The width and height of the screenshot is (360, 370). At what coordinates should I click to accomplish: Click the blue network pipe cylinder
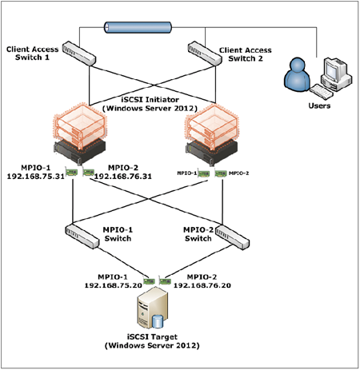click(x=138, y=27)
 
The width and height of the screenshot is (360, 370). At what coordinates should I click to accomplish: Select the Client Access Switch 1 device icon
click(x=79, y=54)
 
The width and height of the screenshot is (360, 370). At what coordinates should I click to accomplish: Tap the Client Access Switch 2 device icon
click(x=205, y=53)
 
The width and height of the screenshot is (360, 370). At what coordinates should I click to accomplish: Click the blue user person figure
click(x=297, y=75)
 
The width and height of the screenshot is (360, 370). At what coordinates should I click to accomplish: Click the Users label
click(x=319, y=105)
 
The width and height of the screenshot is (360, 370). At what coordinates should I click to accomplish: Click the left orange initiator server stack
click(x=80, y=133)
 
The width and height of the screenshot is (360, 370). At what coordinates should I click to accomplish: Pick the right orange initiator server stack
click(x=211, y=133)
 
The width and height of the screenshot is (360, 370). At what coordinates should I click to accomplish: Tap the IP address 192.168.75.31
click(x=36, y=177)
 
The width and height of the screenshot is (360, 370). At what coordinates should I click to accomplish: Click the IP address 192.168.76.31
click(x=123, y=177)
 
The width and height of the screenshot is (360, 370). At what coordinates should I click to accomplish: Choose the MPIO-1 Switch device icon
click(x=82, y=237)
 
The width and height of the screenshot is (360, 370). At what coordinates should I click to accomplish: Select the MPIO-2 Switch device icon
click(x=233, y=237)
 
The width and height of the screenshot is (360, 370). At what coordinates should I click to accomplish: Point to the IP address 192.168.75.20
click(x=113, y=285)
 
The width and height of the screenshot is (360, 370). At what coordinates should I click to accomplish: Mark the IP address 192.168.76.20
click(x=202, y=285)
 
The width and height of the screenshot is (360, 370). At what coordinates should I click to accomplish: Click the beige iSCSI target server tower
click(x=153, y=308)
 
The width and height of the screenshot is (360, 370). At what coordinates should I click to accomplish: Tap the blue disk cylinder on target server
click(x=158, y=321)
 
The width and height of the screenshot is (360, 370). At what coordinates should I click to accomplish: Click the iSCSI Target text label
click(x=152, y=341)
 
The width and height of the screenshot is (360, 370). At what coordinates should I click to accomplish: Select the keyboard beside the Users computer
click(x=322, y=92)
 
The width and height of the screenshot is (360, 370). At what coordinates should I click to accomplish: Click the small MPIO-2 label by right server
click(x=238, y=173)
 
